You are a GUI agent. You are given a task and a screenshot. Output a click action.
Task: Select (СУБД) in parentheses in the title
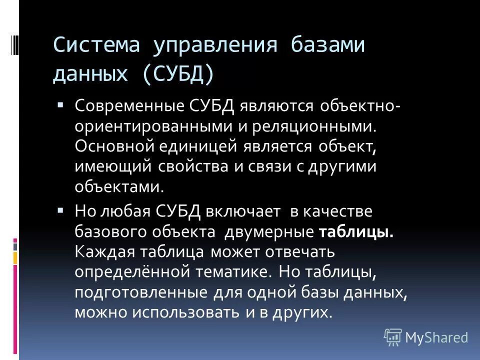(x=178, y=74)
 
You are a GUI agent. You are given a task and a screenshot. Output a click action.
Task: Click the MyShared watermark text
(x=436, y=337)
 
